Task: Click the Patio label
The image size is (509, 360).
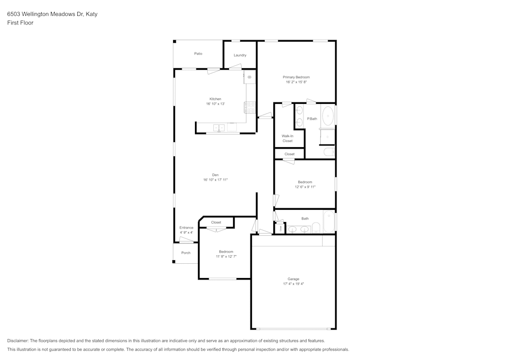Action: click(198, 53)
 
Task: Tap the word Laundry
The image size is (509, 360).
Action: click(240, 55)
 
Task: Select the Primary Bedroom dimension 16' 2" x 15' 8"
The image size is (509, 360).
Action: click(296, 82)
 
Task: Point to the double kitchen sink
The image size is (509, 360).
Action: click(219, 127)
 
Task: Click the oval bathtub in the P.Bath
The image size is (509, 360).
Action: click(328, 116)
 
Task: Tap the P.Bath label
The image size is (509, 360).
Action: click(312, 119)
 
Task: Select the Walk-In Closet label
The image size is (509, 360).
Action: click(288, 139)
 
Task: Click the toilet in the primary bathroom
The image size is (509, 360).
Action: click(329, 151)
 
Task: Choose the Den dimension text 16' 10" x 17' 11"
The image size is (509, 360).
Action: click(215, 180)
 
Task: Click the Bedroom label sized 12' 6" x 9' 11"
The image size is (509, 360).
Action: click(305, 182)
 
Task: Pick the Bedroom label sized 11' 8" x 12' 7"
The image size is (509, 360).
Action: click(226, 252)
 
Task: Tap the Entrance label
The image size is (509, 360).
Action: click(186, 228)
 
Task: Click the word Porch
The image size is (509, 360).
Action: click(186, 253)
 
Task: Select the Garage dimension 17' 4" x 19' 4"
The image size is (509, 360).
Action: click(293, 284)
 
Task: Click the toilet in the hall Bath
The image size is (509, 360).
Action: click(316, 227)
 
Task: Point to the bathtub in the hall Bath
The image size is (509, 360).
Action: click(329, 221)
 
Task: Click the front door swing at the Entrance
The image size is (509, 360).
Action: click(186, 239)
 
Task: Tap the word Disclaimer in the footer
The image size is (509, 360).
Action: click(17, 341)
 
